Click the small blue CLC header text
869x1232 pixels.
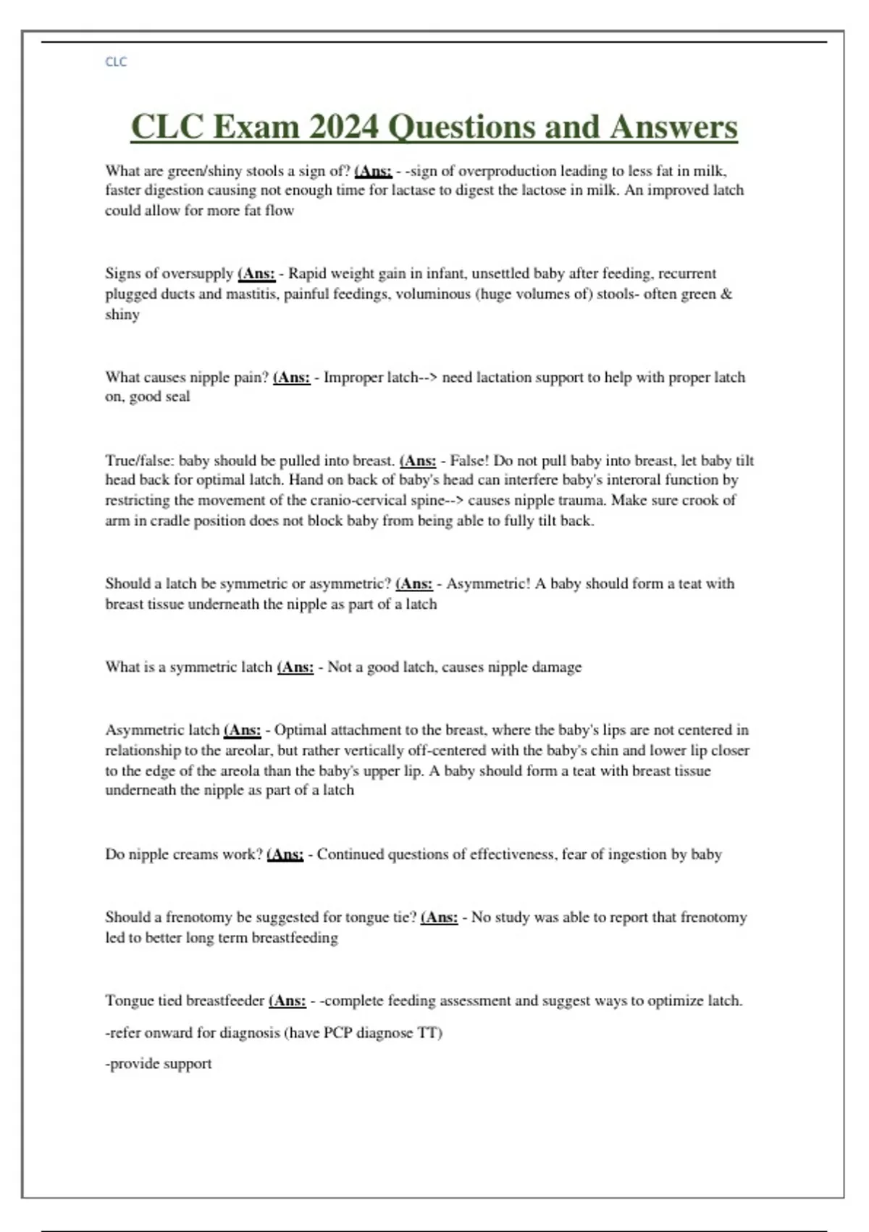(x=116, y=62)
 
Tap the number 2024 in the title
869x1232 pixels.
(x=343, y=127)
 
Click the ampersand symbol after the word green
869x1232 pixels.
(x=727, y=294)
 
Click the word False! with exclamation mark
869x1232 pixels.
(x=469, y=461)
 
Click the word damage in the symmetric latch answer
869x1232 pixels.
(x=557, y=667)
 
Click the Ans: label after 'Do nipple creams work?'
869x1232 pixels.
(x=286, y=854)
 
